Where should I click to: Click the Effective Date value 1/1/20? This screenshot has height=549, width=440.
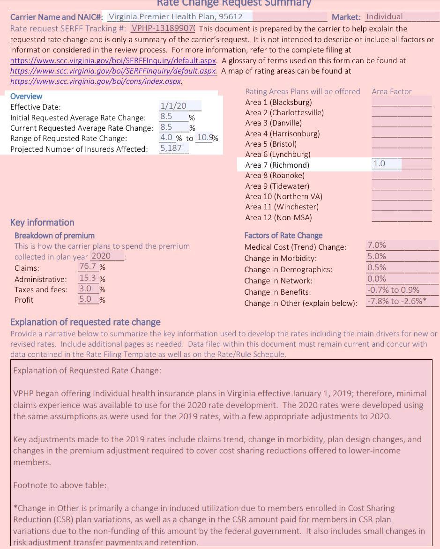[x=173, y=106]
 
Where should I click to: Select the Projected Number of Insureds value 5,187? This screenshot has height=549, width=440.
[x=171, y=148]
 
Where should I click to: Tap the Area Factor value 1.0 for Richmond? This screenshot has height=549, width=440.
[x=379, y=163]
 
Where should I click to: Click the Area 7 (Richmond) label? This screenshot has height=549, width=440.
[x=277, y=165]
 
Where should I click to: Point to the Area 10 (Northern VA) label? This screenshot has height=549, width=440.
[x=283, y=196]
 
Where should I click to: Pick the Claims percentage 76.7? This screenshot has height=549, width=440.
[x=88, y=267]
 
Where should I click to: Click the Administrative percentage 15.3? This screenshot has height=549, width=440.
[x=88, y=278]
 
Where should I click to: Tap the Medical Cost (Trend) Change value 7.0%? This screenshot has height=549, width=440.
[x=377, y=245]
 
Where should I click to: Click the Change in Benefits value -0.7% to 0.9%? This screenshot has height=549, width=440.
[x=393, y=290]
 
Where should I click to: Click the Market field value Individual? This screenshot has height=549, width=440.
[x=384, y=17]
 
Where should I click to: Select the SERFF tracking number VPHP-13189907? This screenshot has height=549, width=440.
[x=163, y=28]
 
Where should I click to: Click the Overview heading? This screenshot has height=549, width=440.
[x=26, y=96]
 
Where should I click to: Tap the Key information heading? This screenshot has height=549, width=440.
[x=42, y=223]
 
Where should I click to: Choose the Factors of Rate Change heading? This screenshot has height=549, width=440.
[x=283, y=235]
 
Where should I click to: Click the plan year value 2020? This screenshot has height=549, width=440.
[x=101, y=256]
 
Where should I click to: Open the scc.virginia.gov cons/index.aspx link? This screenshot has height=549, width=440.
[x=96, y=81]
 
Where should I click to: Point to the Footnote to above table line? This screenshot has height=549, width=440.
[x=60, y=485]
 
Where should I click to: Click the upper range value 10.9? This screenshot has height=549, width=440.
[x=204, y=137]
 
